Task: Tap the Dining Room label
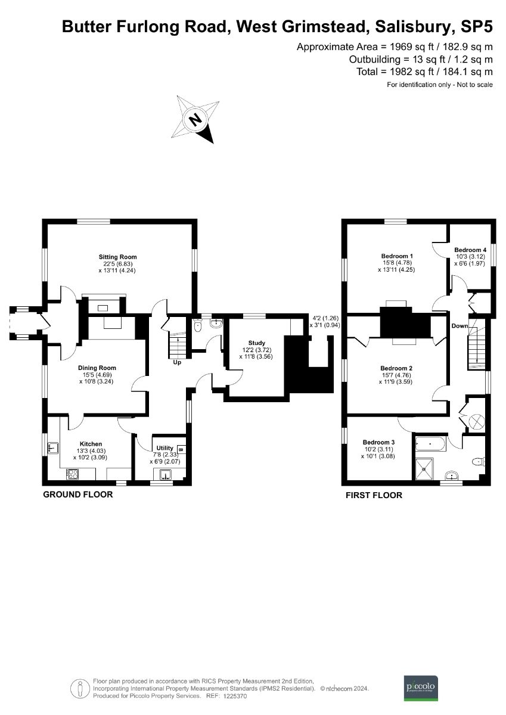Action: pos(97,368)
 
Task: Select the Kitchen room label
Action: pos(91,443)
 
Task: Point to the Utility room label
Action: pos(164,447)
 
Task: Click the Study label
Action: pos(257,343)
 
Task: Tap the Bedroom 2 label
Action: pos(397,368)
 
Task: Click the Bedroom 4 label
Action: pos(470,250)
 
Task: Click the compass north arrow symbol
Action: pos(195,119)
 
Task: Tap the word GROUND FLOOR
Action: pos(77,495)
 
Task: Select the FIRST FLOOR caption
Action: pos(374,495)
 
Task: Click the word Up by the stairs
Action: pos(177,362)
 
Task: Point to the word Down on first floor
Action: pos(460,326)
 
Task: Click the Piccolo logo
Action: pos(421,686)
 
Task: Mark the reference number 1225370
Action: pos(235,696)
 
